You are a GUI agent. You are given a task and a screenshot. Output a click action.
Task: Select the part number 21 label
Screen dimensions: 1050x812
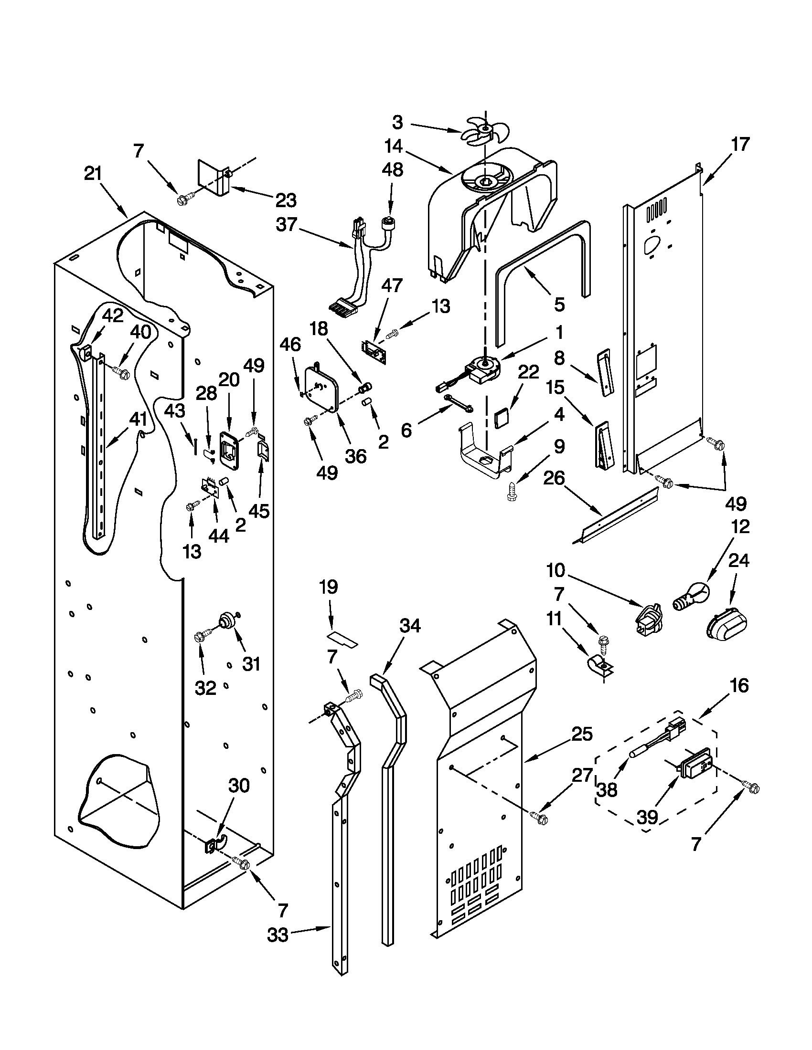[x=93, y=174]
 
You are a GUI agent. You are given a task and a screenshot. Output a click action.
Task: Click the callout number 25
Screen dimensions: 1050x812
[x=582, y=735]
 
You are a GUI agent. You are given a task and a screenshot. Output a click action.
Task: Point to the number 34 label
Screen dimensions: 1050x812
[x=410, y=626]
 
